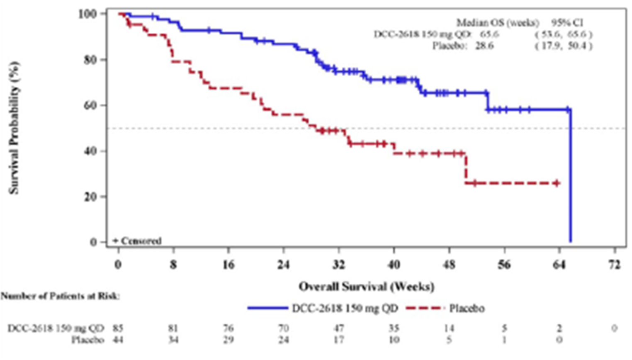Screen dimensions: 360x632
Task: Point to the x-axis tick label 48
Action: pyautogui.click(x=449, y=264)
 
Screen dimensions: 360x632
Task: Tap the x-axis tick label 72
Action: pyautogui.click(x=614, y=264)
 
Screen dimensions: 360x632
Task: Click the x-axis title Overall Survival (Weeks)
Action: pyautogui.click(x=366, y=287)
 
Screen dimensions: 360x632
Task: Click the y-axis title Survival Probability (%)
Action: pyautogui.click(x=14, y=128)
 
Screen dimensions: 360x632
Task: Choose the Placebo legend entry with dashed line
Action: pyautogui.click(x=445, y=309)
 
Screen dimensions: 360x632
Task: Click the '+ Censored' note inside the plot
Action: pyautogui.click(x=137, y=241)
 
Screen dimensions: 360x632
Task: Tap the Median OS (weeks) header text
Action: pyautogui.click(x=498, y=22)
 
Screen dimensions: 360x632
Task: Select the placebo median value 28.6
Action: pyautogui.click(x=484, y=46)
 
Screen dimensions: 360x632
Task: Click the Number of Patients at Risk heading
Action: pyautogui.click(x=60, y=296)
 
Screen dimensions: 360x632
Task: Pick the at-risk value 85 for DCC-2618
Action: pyautogui.click(x=118, y=328)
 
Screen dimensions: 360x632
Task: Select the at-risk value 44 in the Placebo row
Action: pyautogui.click(x=118, y=340)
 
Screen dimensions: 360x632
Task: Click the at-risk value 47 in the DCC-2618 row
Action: pyautogui.click(x=339, y=328)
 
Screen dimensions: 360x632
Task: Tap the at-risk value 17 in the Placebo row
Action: pyautogui.click(x=339, y=340)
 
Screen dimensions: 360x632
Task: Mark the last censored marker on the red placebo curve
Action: pyautogui.click(x=557, y=183)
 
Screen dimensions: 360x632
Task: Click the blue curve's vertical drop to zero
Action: pyautogui.click(x=571, y=178)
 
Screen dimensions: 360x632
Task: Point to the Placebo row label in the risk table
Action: pyautogui.click(x=88, y=340)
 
